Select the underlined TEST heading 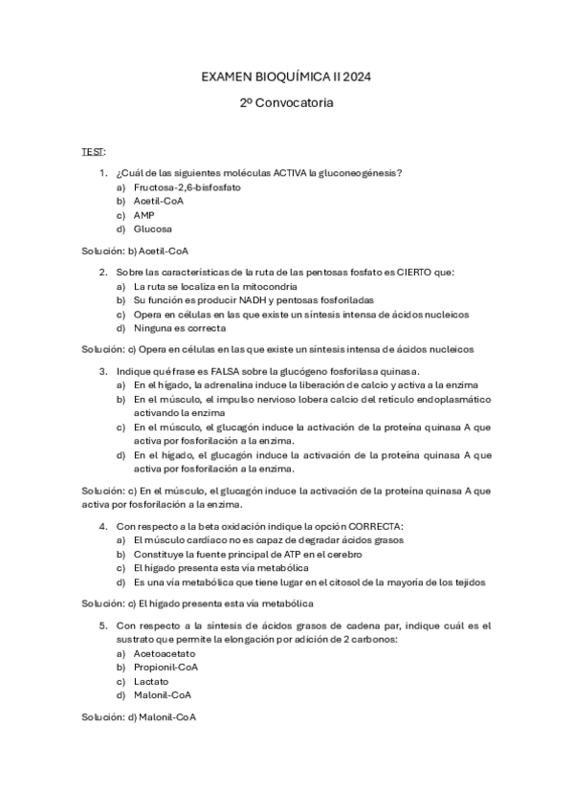coord(93,151)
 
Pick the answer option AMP coord(144,215)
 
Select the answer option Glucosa coord(153,230)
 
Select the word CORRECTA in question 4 coord(377,525)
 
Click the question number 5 coord(102,625)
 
